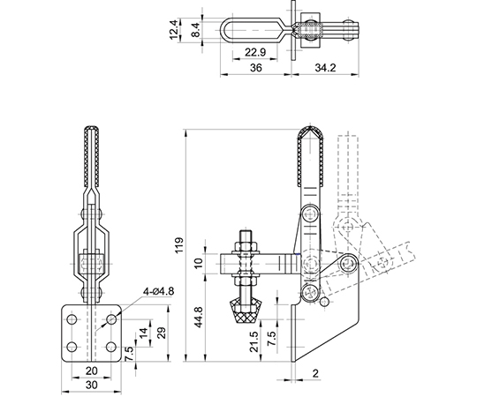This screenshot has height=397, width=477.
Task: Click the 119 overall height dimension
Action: tap(179, 245)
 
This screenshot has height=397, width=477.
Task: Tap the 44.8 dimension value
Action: tap(199, 317)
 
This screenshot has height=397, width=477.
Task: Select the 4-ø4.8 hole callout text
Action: tap(158, 292)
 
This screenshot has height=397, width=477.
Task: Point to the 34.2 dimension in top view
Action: tap(325, 67)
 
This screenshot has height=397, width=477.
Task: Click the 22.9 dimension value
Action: tap(255, 52)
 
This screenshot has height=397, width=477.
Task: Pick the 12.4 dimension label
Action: tap(174, 29)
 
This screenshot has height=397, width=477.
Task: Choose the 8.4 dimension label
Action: tap(196, 30)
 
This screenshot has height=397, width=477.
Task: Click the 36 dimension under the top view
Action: tap(255, 67)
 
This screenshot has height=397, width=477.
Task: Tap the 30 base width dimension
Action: tap(91, 385)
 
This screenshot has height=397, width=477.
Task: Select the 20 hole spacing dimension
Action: tap(91, 371)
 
